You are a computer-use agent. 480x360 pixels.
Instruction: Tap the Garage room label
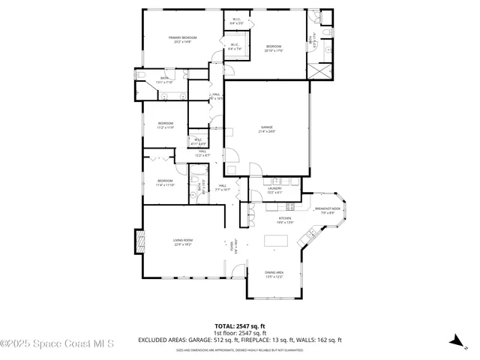267,129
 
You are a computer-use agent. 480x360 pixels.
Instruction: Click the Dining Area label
274,274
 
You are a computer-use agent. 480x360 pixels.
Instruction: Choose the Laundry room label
274,190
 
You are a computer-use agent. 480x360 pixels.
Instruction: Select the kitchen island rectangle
276,240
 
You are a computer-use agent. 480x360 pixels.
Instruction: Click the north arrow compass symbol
454,340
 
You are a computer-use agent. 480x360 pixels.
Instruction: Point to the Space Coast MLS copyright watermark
57,343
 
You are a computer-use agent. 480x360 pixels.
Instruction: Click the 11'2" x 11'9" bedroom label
165,125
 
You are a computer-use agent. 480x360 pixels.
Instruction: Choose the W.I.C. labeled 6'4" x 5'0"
236,22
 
